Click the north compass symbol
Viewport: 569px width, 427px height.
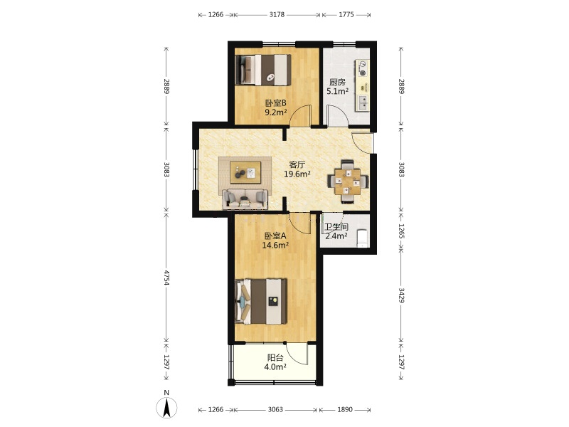(166, 406)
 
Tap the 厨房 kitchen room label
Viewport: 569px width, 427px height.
(337, 83)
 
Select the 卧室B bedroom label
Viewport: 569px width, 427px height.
(275, 103)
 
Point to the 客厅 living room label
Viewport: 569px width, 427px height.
(297, 164)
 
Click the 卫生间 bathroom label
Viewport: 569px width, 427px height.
(336, 227)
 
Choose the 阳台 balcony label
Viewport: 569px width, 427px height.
(275, 358)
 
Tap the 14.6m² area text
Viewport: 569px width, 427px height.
(275, 245)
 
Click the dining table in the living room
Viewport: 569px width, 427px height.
(348, 181)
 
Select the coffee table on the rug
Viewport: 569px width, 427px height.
(245, 172)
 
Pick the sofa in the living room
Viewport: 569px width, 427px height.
(245, 199)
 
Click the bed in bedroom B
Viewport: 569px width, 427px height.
(263, 70)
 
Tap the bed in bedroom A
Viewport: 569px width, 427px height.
(261, 301)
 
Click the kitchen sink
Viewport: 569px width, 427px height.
(363, 102)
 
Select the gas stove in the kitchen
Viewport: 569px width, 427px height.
(363, 69)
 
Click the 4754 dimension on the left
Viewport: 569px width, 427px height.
(166, 278)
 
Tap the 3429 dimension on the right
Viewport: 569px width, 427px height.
(401, 295)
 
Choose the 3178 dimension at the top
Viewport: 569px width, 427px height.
(277, 15)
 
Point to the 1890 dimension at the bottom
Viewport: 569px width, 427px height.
(345, 410)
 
